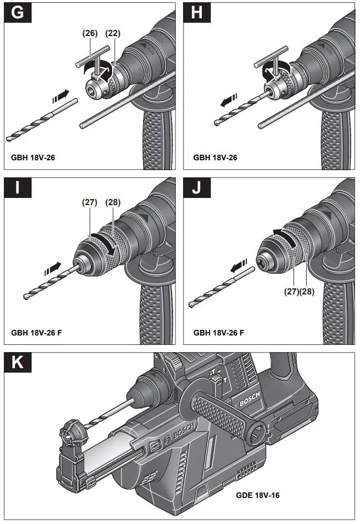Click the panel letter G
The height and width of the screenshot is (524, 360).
pos(18,14)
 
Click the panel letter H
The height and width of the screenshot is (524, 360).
pos(197,14)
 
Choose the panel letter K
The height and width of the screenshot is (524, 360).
pos(18,363)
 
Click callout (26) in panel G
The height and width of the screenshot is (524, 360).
pos(90,33)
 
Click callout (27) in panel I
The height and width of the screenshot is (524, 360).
pos(90,202)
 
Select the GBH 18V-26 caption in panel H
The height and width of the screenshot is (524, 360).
pos(215,157)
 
